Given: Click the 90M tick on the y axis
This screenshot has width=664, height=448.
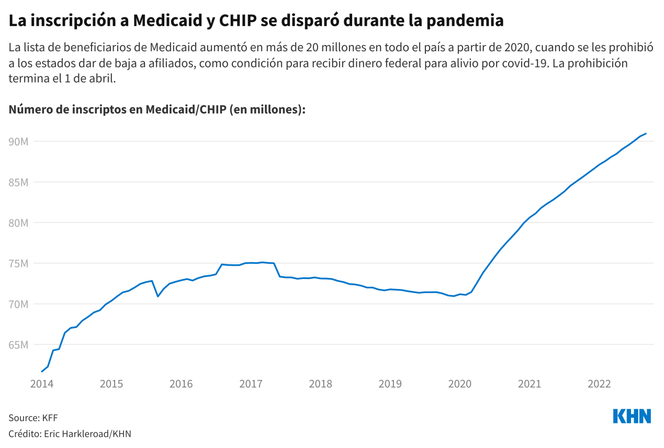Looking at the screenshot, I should tap(19, 142).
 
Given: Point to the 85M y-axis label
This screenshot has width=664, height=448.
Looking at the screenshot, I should tap(19, 183).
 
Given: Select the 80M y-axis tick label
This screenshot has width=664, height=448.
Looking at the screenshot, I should tap(19, 223).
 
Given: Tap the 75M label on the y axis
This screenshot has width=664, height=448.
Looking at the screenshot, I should tap(19, 264).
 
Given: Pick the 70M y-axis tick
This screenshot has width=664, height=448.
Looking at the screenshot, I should tap(19, 304).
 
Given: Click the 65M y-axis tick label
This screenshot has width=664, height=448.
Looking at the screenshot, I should tap(19, 345).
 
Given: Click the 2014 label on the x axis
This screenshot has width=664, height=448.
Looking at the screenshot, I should tap(41, 384).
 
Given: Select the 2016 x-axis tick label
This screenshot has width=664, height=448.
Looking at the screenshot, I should tap(181, 384).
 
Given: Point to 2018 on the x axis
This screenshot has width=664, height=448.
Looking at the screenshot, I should tap(320, 384).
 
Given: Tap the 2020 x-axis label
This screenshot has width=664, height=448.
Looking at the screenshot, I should tap(460, 384).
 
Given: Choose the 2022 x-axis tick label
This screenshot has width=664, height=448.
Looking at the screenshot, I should tap(599, 384).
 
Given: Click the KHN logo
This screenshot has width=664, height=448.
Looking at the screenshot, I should tap(632, 417).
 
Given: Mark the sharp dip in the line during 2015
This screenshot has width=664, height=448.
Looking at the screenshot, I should tap(157, 296).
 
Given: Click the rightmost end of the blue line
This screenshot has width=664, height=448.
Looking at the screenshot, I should tap(646, 133).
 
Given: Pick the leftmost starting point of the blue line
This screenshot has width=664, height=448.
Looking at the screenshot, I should tap(42, 372).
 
